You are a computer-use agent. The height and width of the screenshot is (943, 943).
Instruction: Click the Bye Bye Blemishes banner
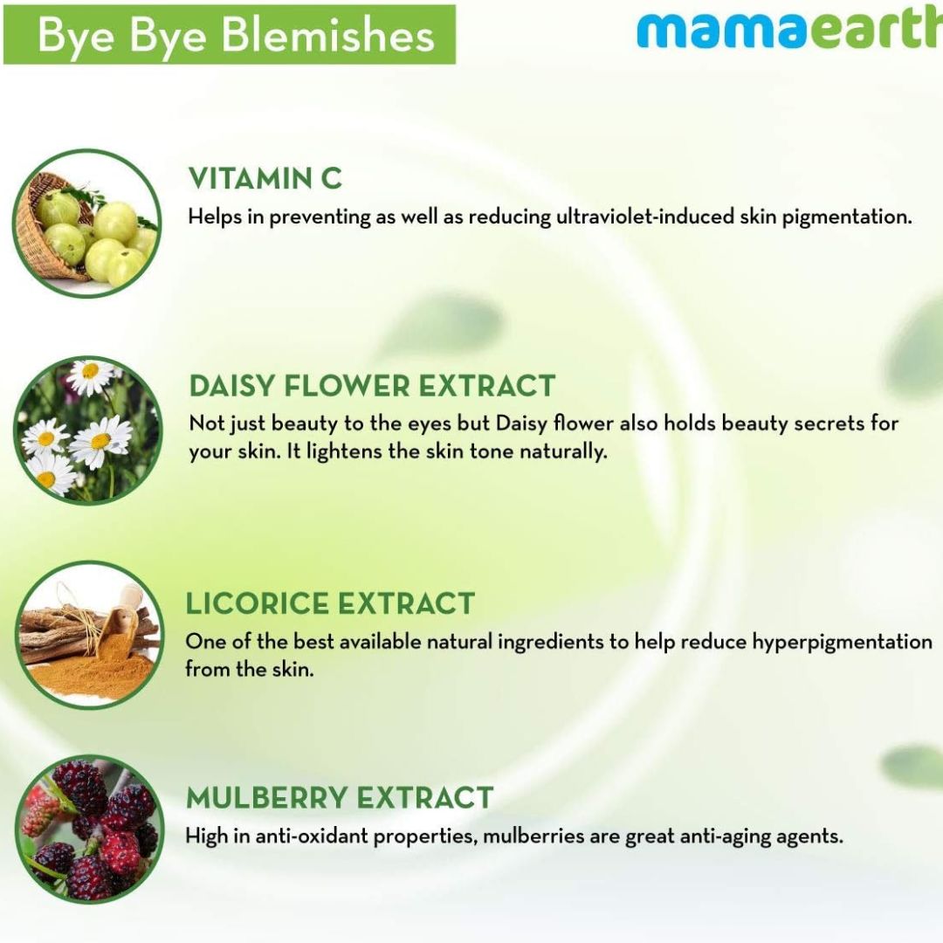pyautogui.click(x=229, y=34)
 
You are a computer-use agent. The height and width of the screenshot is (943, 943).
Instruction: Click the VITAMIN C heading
pyautogui.click(x=265, y=179)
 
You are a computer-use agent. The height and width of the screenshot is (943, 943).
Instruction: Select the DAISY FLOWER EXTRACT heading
pyautogui.click(x=372, y=386)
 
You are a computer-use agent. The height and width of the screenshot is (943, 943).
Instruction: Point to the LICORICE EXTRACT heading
pyautogui.click(x=330, y=604)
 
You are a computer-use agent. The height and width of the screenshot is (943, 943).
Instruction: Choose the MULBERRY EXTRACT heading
pyautogui.click(x=340, y=798)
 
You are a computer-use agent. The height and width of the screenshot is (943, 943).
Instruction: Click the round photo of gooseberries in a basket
pyautogui.click(x=87, y=224)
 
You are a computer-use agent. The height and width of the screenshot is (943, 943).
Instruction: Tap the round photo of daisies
pyautogui.click(x=88, y=430)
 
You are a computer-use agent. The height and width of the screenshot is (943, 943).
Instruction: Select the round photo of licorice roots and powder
pyautogui.click(x=90, y=635)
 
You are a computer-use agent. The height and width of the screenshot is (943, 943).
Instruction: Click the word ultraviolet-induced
pyautogui.click(x=644, y=217)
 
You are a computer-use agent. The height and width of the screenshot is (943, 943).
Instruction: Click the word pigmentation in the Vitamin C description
pyautogui.click(x=847, y=217)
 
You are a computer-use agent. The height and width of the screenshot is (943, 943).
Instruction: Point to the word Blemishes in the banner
pyautogui.click(x=327, y=35)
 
